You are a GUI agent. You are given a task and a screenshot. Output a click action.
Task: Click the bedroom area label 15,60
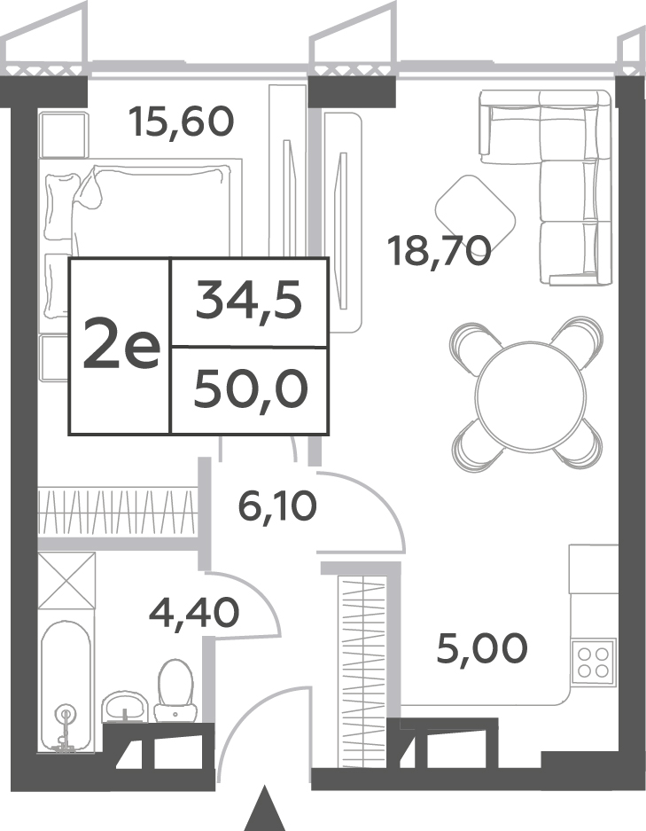182,122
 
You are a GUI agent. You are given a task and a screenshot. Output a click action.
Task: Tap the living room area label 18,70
440,251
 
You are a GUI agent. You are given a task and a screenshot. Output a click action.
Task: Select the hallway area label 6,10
277,506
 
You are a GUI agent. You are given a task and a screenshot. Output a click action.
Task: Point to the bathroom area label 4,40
194,613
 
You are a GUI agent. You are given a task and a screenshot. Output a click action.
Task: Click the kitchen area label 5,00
482,647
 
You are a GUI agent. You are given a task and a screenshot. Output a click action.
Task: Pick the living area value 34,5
249,302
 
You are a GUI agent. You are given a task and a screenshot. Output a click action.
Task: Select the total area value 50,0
251,389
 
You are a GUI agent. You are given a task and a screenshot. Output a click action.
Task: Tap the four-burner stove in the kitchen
593,662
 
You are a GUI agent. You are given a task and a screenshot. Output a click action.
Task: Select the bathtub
66,686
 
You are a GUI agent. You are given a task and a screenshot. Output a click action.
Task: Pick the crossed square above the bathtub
66,580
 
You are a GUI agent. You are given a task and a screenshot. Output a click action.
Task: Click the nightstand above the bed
64,135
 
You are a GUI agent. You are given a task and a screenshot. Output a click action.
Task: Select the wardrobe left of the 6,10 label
116,512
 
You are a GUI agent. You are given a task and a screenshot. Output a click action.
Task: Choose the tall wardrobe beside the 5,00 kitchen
362,672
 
